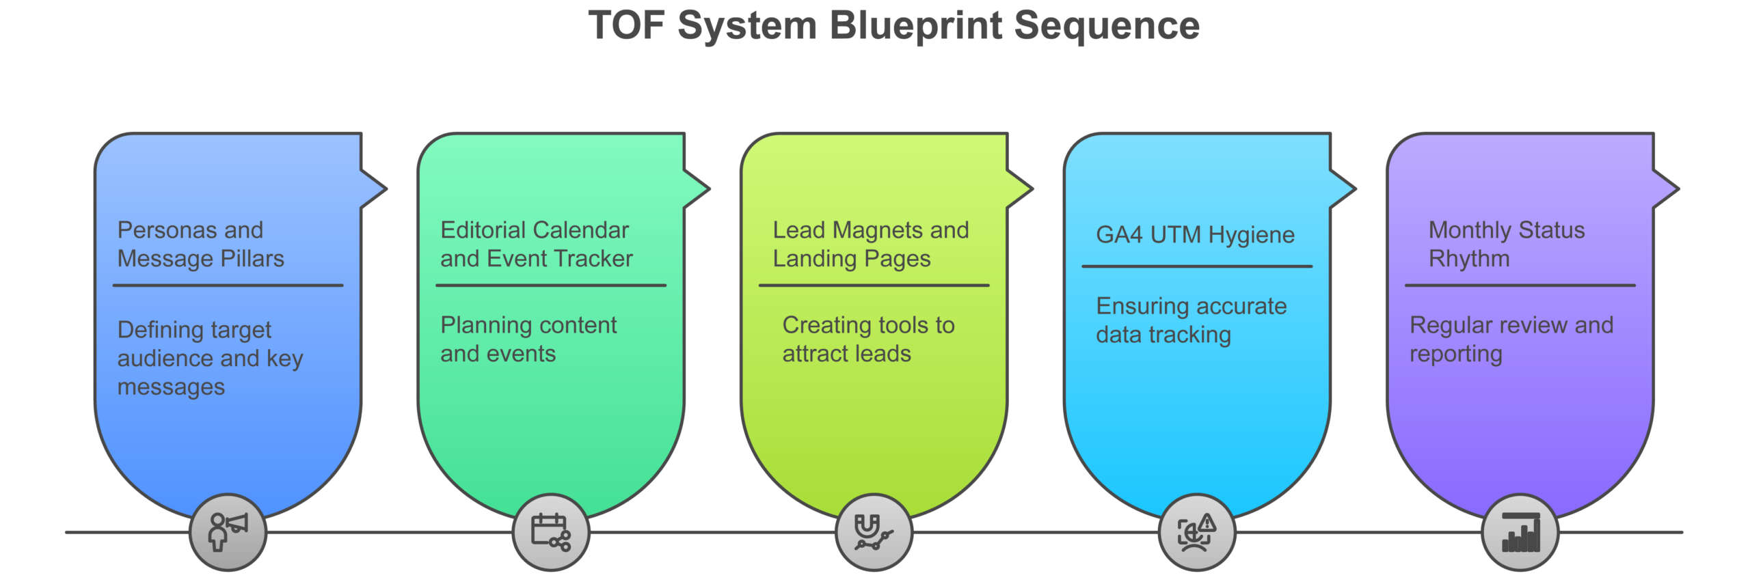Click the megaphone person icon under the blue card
click(228, 532)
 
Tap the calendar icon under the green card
click(550, 532)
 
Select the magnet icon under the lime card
click(874, 532)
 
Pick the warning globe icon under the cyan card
click(1196, 532)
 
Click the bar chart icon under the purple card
click(1520, 532)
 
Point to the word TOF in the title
click(626, 26)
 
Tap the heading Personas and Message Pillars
click(200, 244)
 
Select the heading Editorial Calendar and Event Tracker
click(536, 244)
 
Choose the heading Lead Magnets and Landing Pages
click(870, 244)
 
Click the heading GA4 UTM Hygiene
click(1195, 234)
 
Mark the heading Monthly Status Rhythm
click(1506, 244)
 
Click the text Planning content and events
click(528, 339)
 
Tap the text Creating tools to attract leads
click(867, 339)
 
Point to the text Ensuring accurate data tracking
click(1191, 320)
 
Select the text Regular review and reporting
click(1511, 339)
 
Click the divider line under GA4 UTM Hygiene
click(1196, 266)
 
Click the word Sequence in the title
click(1106, 26)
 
